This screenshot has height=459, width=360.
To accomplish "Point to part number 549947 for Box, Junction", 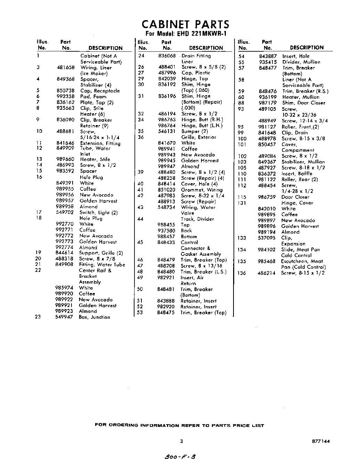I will coord(64,317).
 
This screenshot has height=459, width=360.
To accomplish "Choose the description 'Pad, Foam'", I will coord(93,97).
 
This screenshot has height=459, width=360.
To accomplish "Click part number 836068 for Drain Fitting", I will coord(167,56).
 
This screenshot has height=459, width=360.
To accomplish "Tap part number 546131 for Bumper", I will coord(167,131).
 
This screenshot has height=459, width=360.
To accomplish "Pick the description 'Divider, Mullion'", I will coord(301,62).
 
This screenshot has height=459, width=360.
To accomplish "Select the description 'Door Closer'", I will coord(295,197).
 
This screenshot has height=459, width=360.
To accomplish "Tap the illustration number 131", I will coord(242,203).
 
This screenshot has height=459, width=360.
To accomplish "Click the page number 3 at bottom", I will coord(181,441).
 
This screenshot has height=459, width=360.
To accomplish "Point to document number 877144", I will coord(320,441).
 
